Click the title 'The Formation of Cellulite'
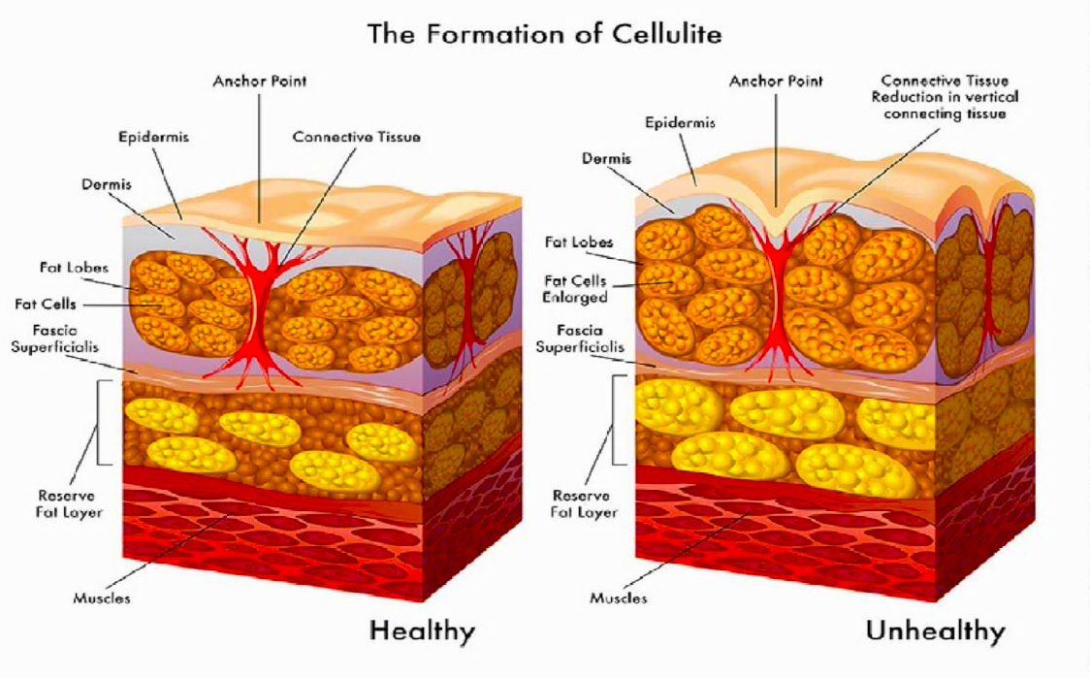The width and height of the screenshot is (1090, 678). point(544,33)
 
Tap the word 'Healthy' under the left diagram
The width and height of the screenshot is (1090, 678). point(422,631)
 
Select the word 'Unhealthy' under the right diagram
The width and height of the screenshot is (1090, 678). point(936,631)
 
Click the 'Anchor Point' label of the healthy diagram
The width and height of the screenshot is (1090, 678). point(259,81)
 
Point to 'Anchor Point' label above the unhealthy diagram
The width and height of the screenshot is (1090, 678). point(776,81)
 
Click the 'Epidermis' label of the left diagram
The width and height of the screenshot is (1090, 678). point(153,137)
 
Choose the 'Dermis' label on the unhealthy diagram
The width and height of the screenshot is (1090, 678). point(607,158)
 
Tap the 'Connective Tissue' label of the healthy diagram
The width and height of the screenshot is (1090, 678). point(357,137)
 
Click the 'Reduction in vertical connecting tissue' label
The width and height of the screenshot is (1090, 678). point(945,105)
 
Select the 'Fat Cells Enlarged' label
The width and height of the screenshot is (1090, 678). point(576,289)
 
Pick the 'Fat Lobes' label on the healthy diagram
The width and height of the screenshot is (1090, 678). point(74,267)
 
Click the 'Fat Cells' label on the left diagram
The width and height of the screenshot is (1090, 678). point(46,304)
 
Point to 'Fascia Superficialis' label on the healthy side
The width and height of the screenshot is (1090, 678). point(55,338)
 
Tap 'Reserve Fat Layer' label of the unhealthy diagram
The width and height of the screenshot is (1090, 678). point(584,503)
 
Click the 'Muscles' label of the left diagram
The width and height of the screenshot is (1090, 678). point(102,597)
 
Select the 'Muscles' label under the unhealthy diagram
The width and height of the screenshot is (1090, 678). point(618,597)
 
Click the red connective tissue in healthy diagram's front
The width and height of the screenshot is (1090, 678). point(257,306)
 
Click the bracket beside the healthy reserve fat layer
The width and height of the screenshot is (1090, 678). point(100,422)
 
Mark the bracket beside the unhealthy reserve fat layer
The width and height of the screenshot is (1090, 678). point(614,419)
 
